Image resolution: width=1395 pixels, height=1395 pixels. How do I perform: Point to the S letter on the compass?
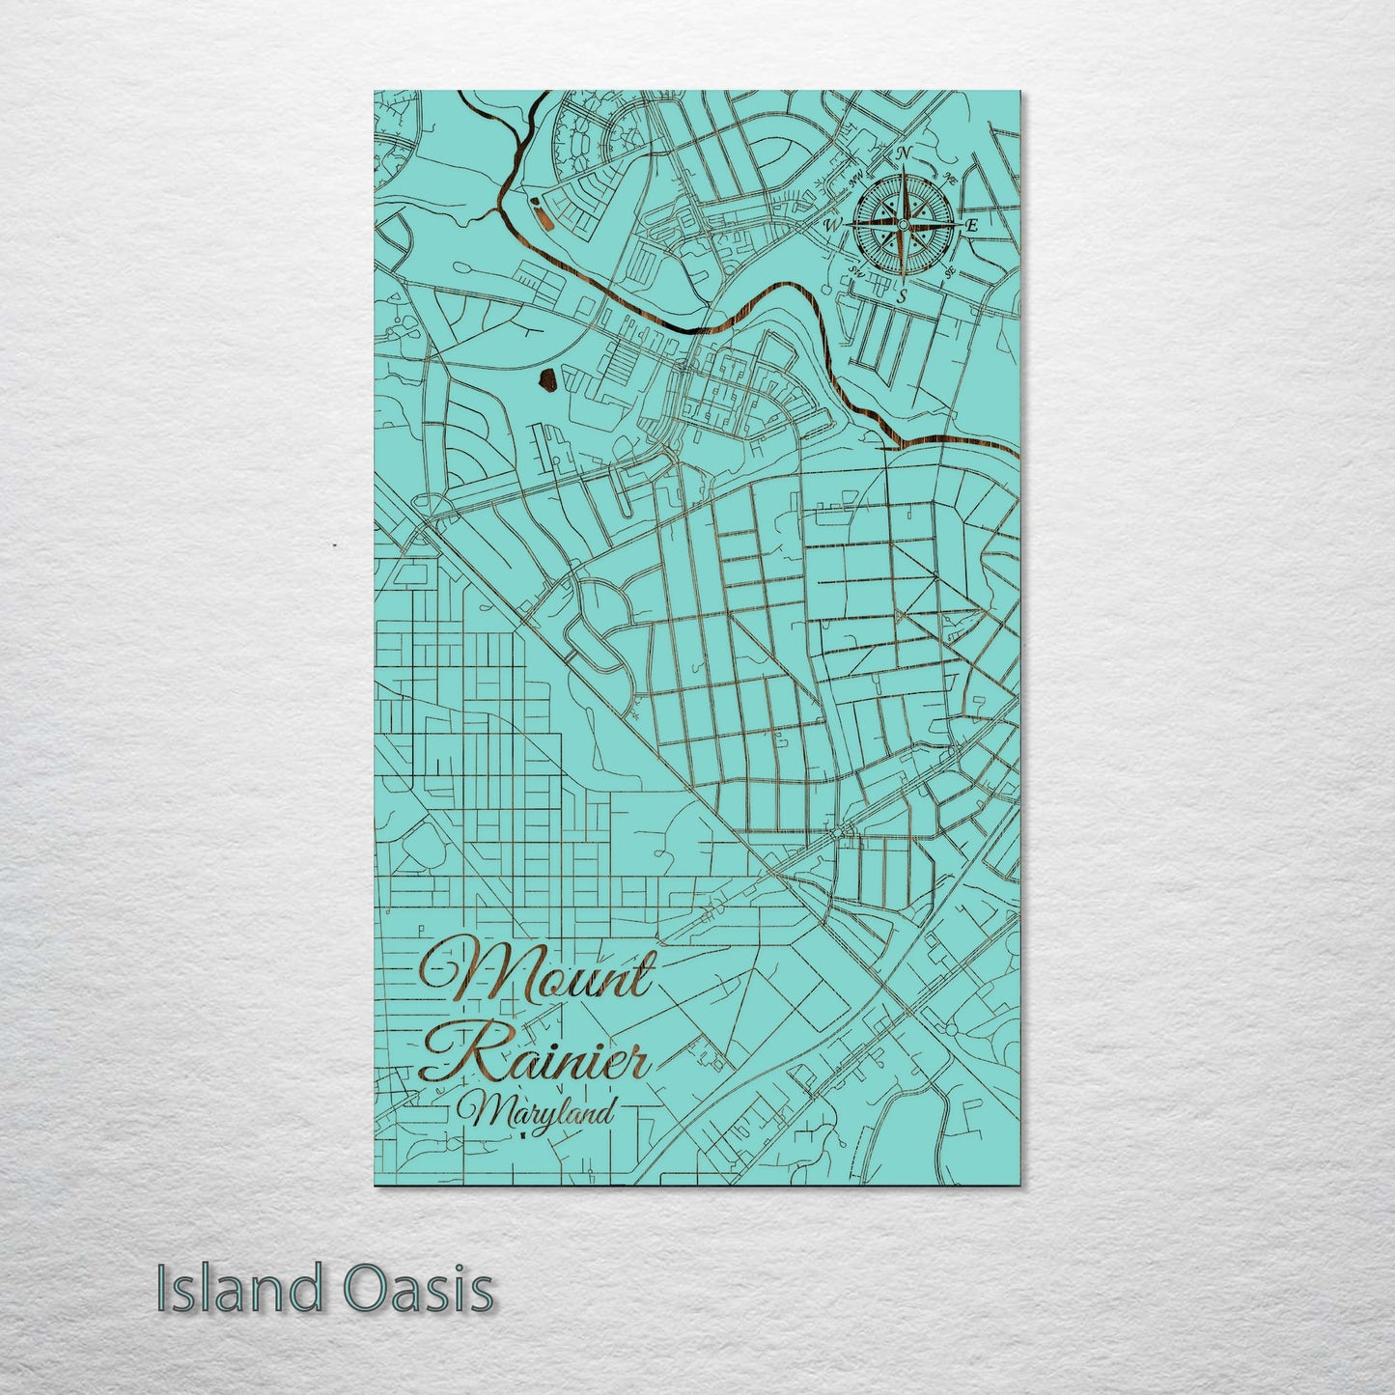901,296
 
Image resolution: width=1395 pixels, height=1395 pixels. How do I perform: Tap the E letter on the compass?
972,225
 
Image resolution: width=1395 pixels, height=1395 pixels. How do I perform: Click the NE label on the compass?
951,178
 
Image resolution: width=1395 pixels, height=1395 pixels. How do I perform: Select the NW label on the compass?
854,178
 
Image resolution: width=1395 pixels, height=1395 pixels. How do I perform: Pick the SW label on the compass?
855,273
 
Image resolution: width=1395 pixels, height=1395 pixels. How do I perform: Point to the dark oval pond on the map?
545,383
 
